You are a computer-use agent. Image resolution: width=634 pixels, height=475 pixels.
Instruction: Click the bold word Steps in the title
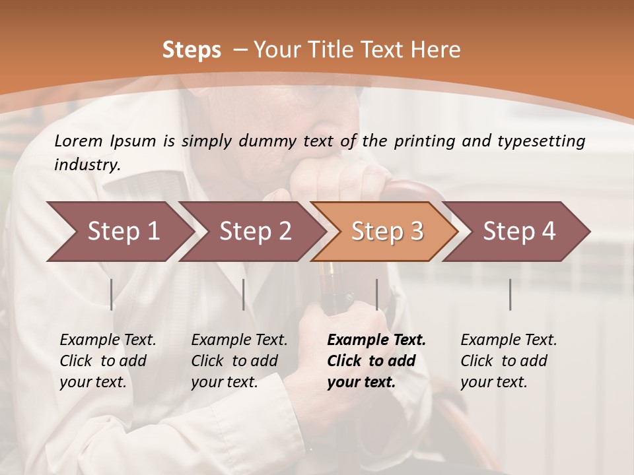coord(192,50)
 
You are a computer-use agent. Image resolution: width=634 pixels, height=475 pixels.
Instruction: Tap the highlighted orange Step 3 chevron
coord(387,232)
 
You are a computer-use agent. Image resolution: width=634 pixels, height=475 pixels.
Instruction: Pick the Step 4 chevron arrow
coord(519,232)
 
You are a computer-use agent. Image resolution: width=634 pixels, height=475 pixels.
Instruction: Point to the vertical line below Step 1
coord(112,294)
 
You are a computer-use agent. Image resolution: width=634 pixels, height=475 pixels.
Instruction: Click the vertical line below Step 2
coord(244,294)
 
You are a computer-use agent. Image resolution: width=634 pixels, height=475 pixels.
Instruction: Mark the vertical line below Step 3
coord(377,294)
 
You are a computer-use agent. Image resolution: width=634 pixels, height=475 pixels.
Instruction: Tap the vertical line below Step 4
coord(511,294)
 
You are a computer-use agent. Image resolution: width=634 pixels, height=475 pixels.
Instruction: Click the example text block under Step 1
coord(108,361)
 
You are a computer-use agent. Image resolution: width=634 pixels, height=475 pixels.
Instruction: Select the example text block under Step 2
coord(239,361)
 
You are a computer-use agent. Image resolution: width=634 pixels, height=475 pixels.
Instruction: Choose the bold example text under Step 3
coord(376,361)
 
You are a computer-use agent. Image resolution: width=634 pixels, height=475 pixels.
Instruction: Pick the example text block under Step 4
coord(509,361)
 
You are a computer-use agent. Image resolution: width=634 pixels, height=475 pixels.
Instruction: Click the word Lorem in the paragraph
coord(79,141)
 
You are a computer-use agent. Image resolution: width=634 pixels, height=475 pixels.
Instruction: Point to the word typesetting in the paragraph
coord(547,141)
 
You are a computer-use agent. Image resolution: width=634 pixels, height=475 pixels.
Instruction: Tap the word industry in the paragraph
coord(87,164)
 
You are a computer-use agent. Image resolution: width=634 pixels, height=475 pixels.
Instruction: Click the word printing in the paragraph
coord(425,141)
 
